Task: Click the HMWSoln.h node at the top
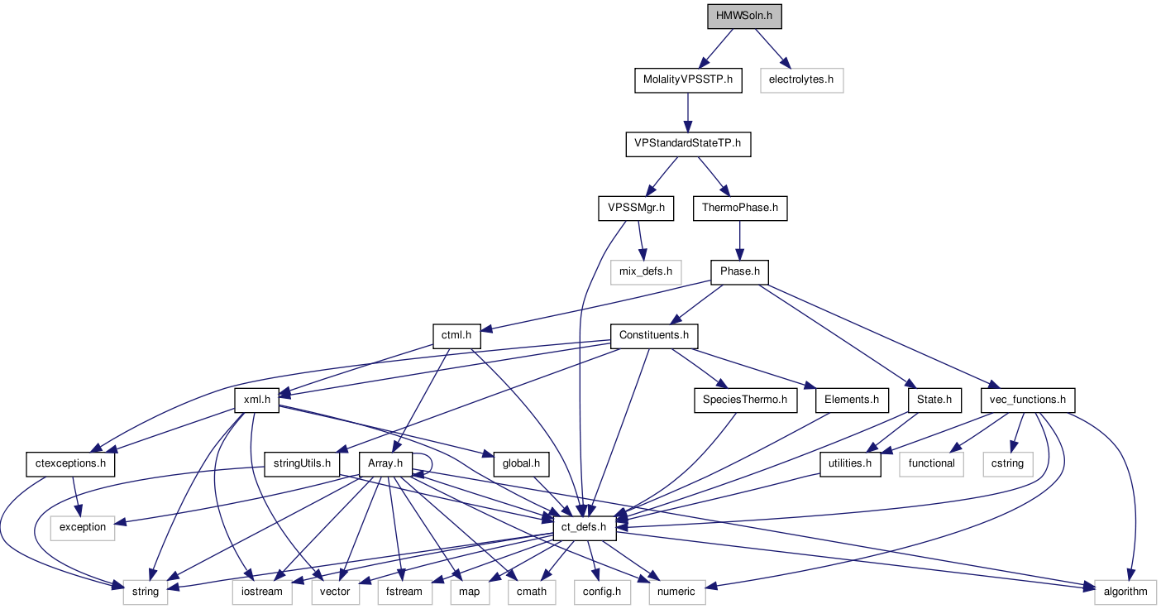744,17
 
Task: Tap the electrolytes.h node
801,80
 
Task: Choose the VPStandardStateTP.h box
687,144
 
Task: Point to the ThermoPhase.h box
740,208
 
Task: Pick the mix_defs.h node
646,271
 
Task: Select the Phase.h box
739,271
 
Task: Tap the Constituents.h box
653,335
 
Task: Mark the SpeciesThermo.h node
744,400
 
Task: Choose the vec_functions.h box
1027,400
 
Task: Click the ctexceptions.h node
70,463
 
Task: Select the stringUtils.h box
303,463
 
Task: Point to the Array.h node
385,463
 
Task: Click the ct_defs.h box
585,527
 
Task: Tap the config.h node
602,591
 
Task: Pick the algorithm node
1125,591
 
